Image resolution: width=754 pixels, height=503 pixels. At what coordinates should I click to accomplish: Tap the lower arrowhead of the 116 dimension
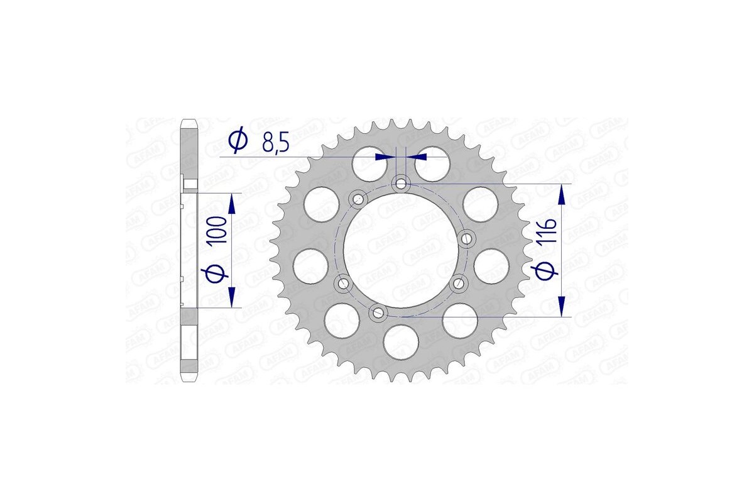562,306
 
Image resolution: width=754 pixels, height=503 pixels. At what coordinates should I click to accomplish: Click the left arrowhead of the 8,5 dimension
385,156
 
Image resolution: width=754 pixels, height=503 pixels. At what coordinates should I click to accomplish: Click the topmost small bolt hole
401,184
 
